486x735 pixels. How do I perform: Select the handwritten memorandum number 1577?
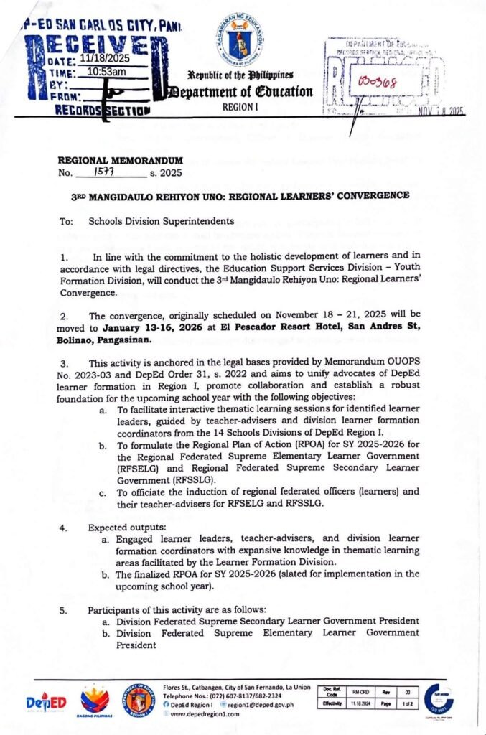coord(108,172)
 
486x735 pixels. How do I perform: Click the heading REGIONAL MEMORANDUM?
coord(121,160)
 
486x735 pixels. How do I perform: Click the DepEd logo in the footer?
coord(46,702)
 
